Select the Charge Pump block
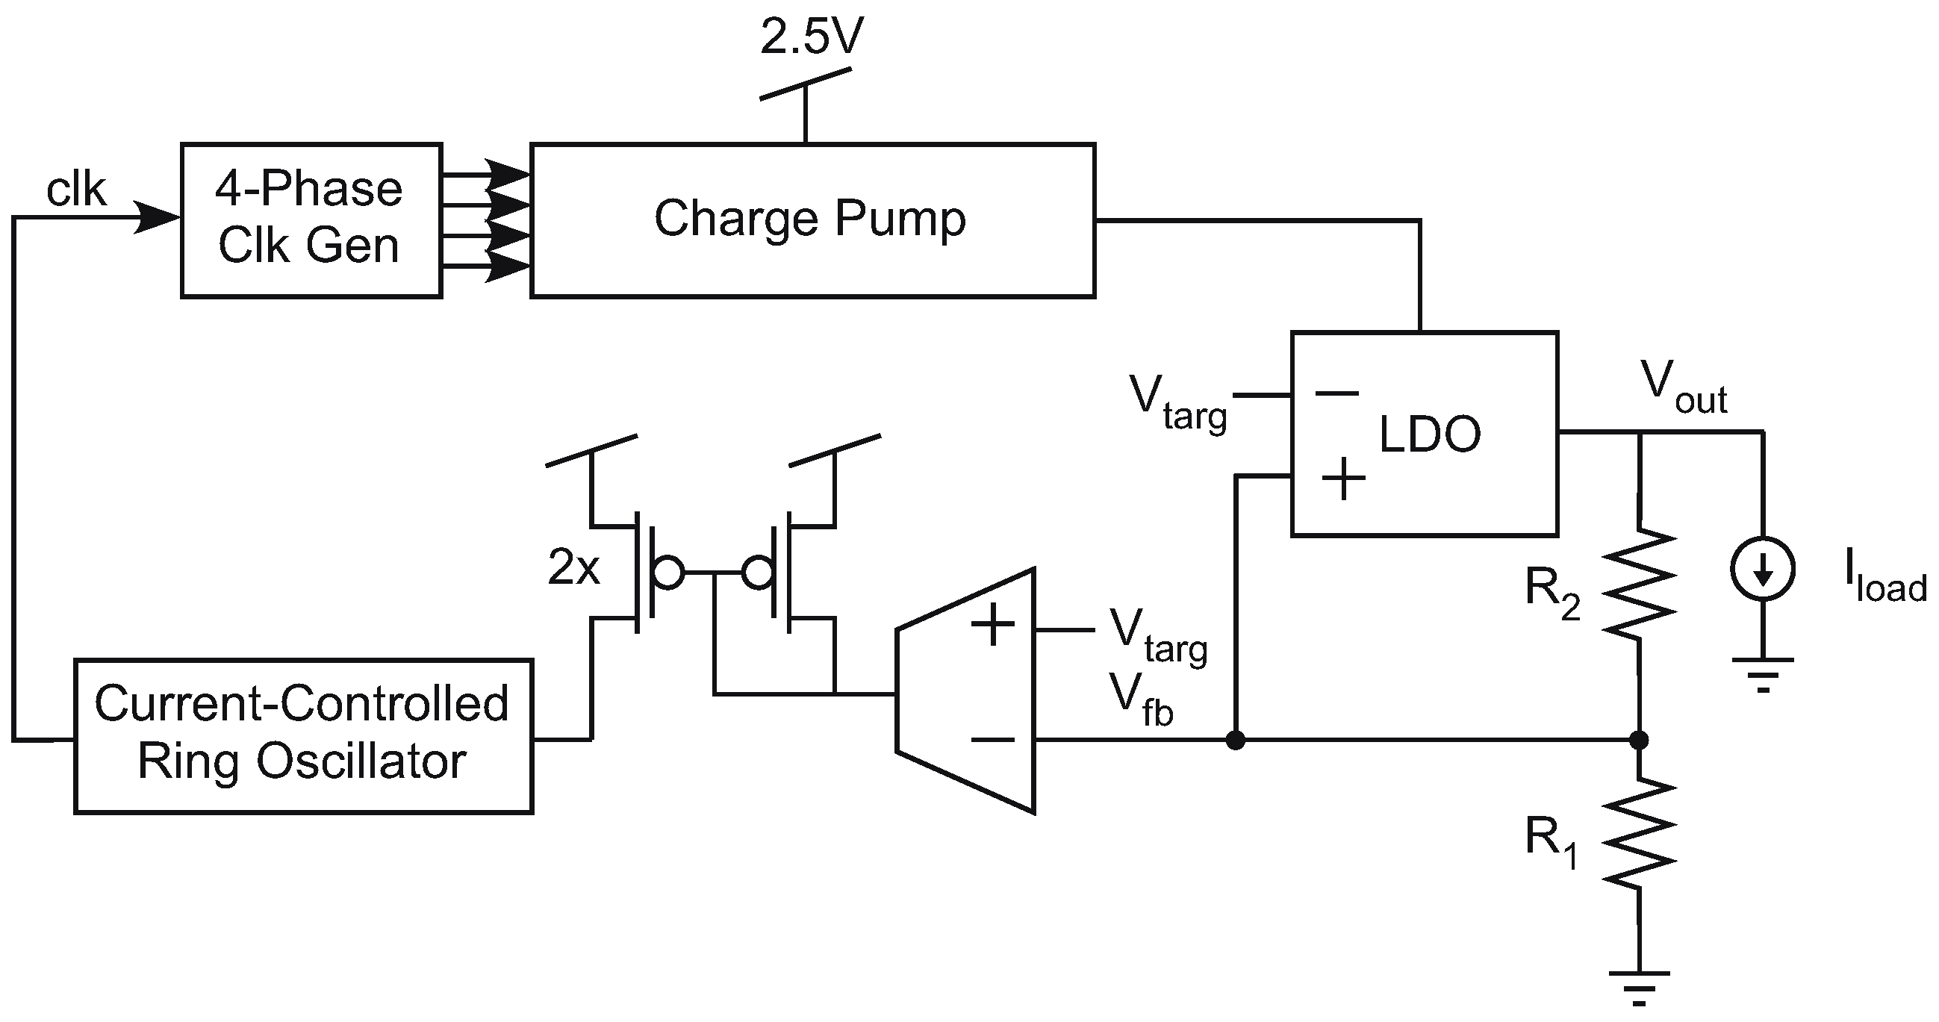point(812,219)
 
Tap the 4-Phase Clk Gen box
point(310,219)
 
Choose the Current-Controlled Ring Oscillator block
point(302,735)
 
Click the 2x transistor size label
point(573,567)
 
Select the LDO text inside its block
point(1429,434)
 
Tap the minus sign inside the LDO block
point(1337,393)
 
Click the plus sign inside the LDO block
point(1344,479)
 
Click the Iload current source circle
point(1763,569)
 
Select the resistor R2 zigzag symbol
point(1639,584)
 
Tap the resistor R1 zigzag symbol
point(1639,833)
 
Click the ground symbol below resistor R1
point(1639,985)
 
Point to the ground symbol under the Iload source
point(1763,671)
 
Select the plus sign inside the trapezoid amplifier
point(993,624)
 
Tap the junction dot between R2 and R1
point(1639,740)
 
